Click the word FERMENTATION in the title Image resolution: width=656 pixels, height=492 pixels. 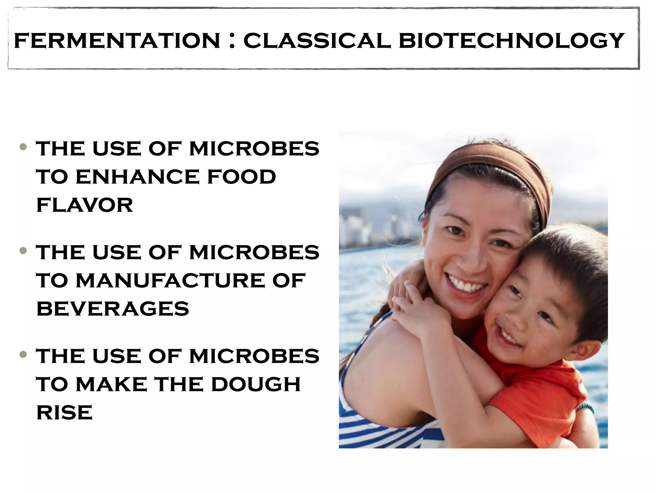tap(117, 41)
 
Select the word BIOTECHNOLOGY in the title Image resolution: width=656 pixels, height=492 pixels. tap(512, 41)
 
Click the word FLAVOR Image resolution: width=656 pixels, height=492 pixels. tap(85, 205)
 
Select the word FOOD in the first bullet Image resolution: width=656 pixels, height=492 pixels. tap(242, 177)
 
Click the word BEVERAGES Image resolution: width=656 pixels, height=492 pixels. tap(113, 309)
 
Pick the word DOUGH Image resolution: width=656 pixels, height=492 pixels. tap(256, 384)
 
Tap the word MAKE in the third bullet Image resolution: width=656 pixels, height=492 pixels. tap(111, 384)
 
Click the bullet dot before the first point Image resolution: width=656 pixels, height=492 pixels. tap(23, 147)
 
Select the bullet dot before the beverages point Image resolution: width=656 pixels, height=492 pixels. tap(23, 250)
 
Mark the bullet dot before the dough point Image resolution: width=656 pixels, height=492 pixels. tap(23, 354)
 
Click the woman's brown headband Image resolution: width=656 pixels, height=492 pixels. tap(490, 167)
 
